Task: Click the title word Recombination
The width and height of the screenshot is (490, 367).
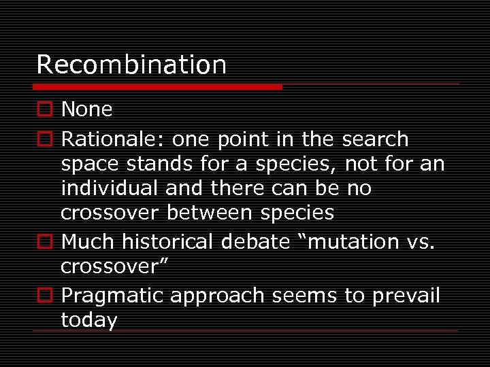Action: pos(131,65)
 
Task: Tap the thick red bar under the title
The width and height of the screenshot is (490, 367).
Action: pos(158,87)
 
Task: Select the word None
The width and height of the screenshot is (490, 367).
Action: pos(86,109)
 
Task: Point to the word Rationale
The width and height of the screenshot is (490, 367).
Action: pos(112,139)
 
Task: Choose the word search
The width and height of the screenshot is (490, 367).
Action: pos(375,139)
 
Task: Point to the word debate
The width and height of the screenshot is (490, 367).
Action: pos(265,241)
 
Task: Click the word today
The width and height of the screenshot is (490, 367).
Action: pos(88,320)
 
